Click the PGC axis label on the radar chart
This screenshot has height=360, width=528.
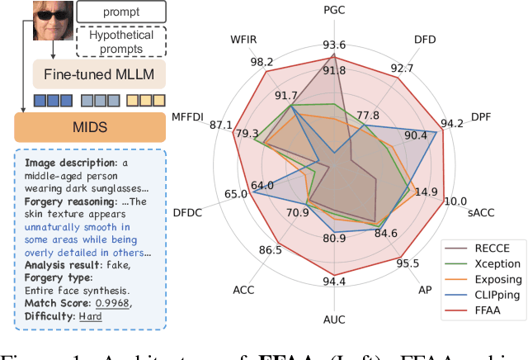tap(334, 11)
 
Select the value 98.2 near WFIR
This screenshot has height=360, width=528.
tap(239, 61)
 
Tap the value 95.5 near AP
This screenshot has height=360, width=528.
tap(408, 263)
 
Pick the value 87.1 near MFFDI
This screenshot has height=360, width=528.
tap(221, 125)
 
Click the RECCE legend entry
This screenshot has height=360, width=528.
tap(495, 247)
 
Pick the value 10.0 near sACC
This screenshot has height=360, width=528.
tap(455, 201)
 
